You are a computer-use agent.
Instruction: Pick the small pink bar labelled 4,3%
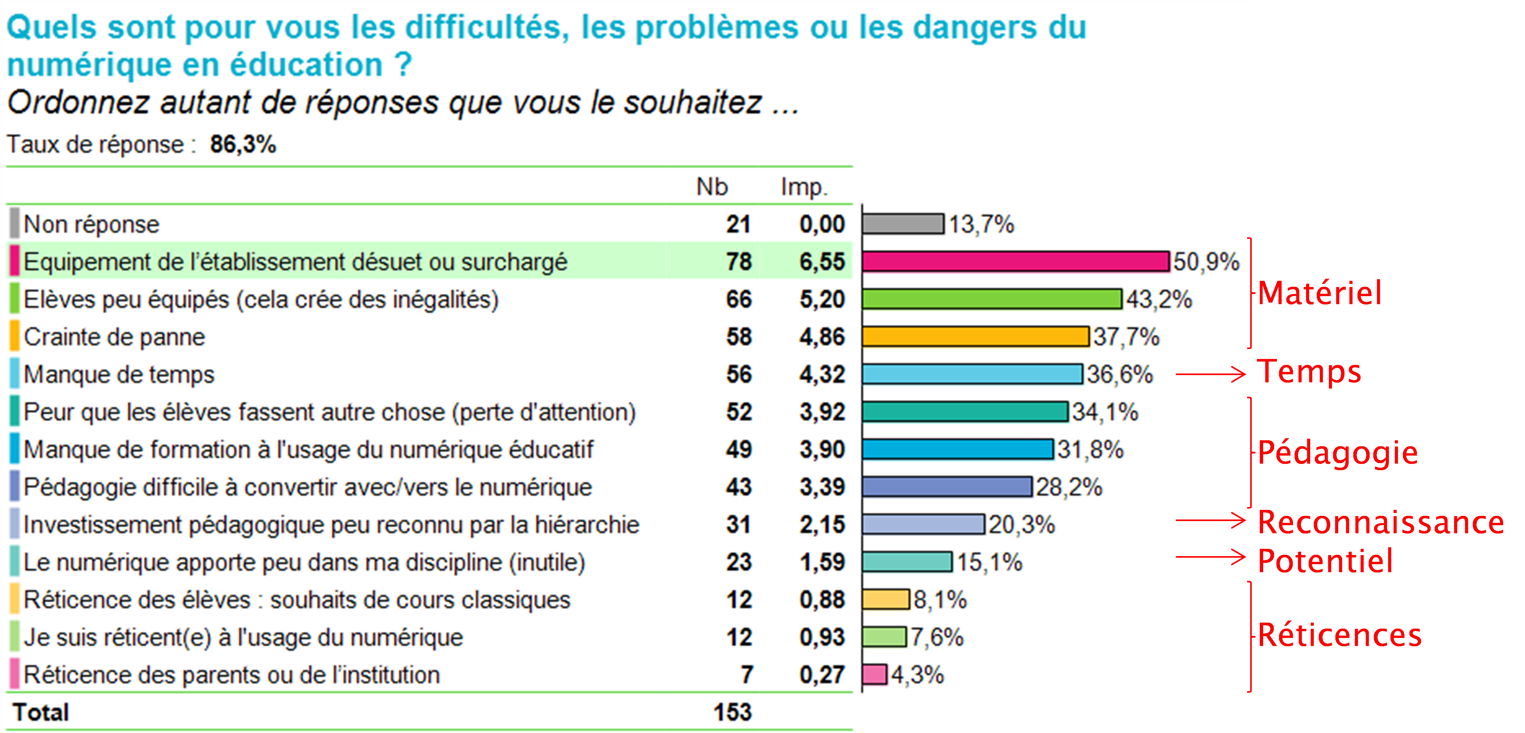click(x=874, y=674)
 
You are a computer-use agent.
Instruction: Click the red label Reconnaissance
click(x=1381, y=522)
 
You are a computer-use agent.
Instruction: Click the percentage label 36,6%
click(x=1120, y=374)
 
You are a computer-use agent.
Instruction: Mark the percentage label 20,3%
click(x=1021, y=525)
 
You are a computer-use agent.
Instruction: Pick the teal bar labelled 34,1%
click(x=965, y=411)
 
